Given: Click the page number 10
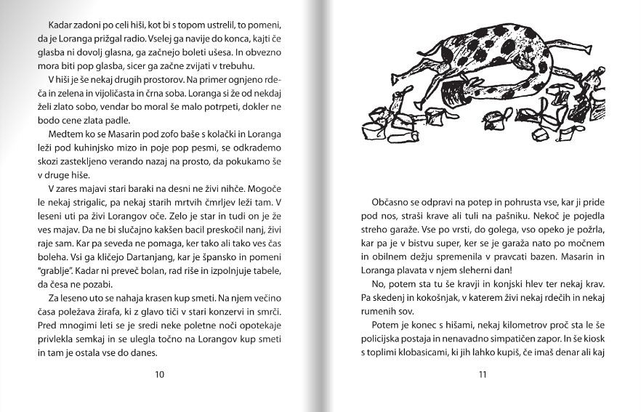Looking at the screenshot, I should (x=160, y=375).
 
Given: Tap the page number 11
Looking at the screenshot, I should (x=482, y=375).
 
